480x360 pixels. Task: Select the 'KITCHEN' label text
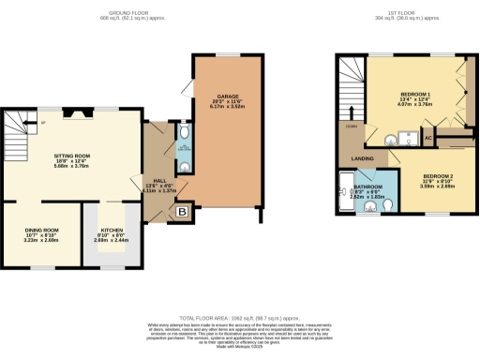click(x=111, y=230)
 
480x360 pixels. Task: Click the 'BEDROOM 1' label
click(x=415, y=96)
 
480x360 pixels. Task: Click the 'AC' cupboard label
click(x=427, y=138)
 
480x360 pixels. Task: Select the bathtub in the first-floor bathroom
click(x=343, y=193)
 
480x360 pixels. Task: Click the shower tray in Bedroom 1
click(x=407, y=138)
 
